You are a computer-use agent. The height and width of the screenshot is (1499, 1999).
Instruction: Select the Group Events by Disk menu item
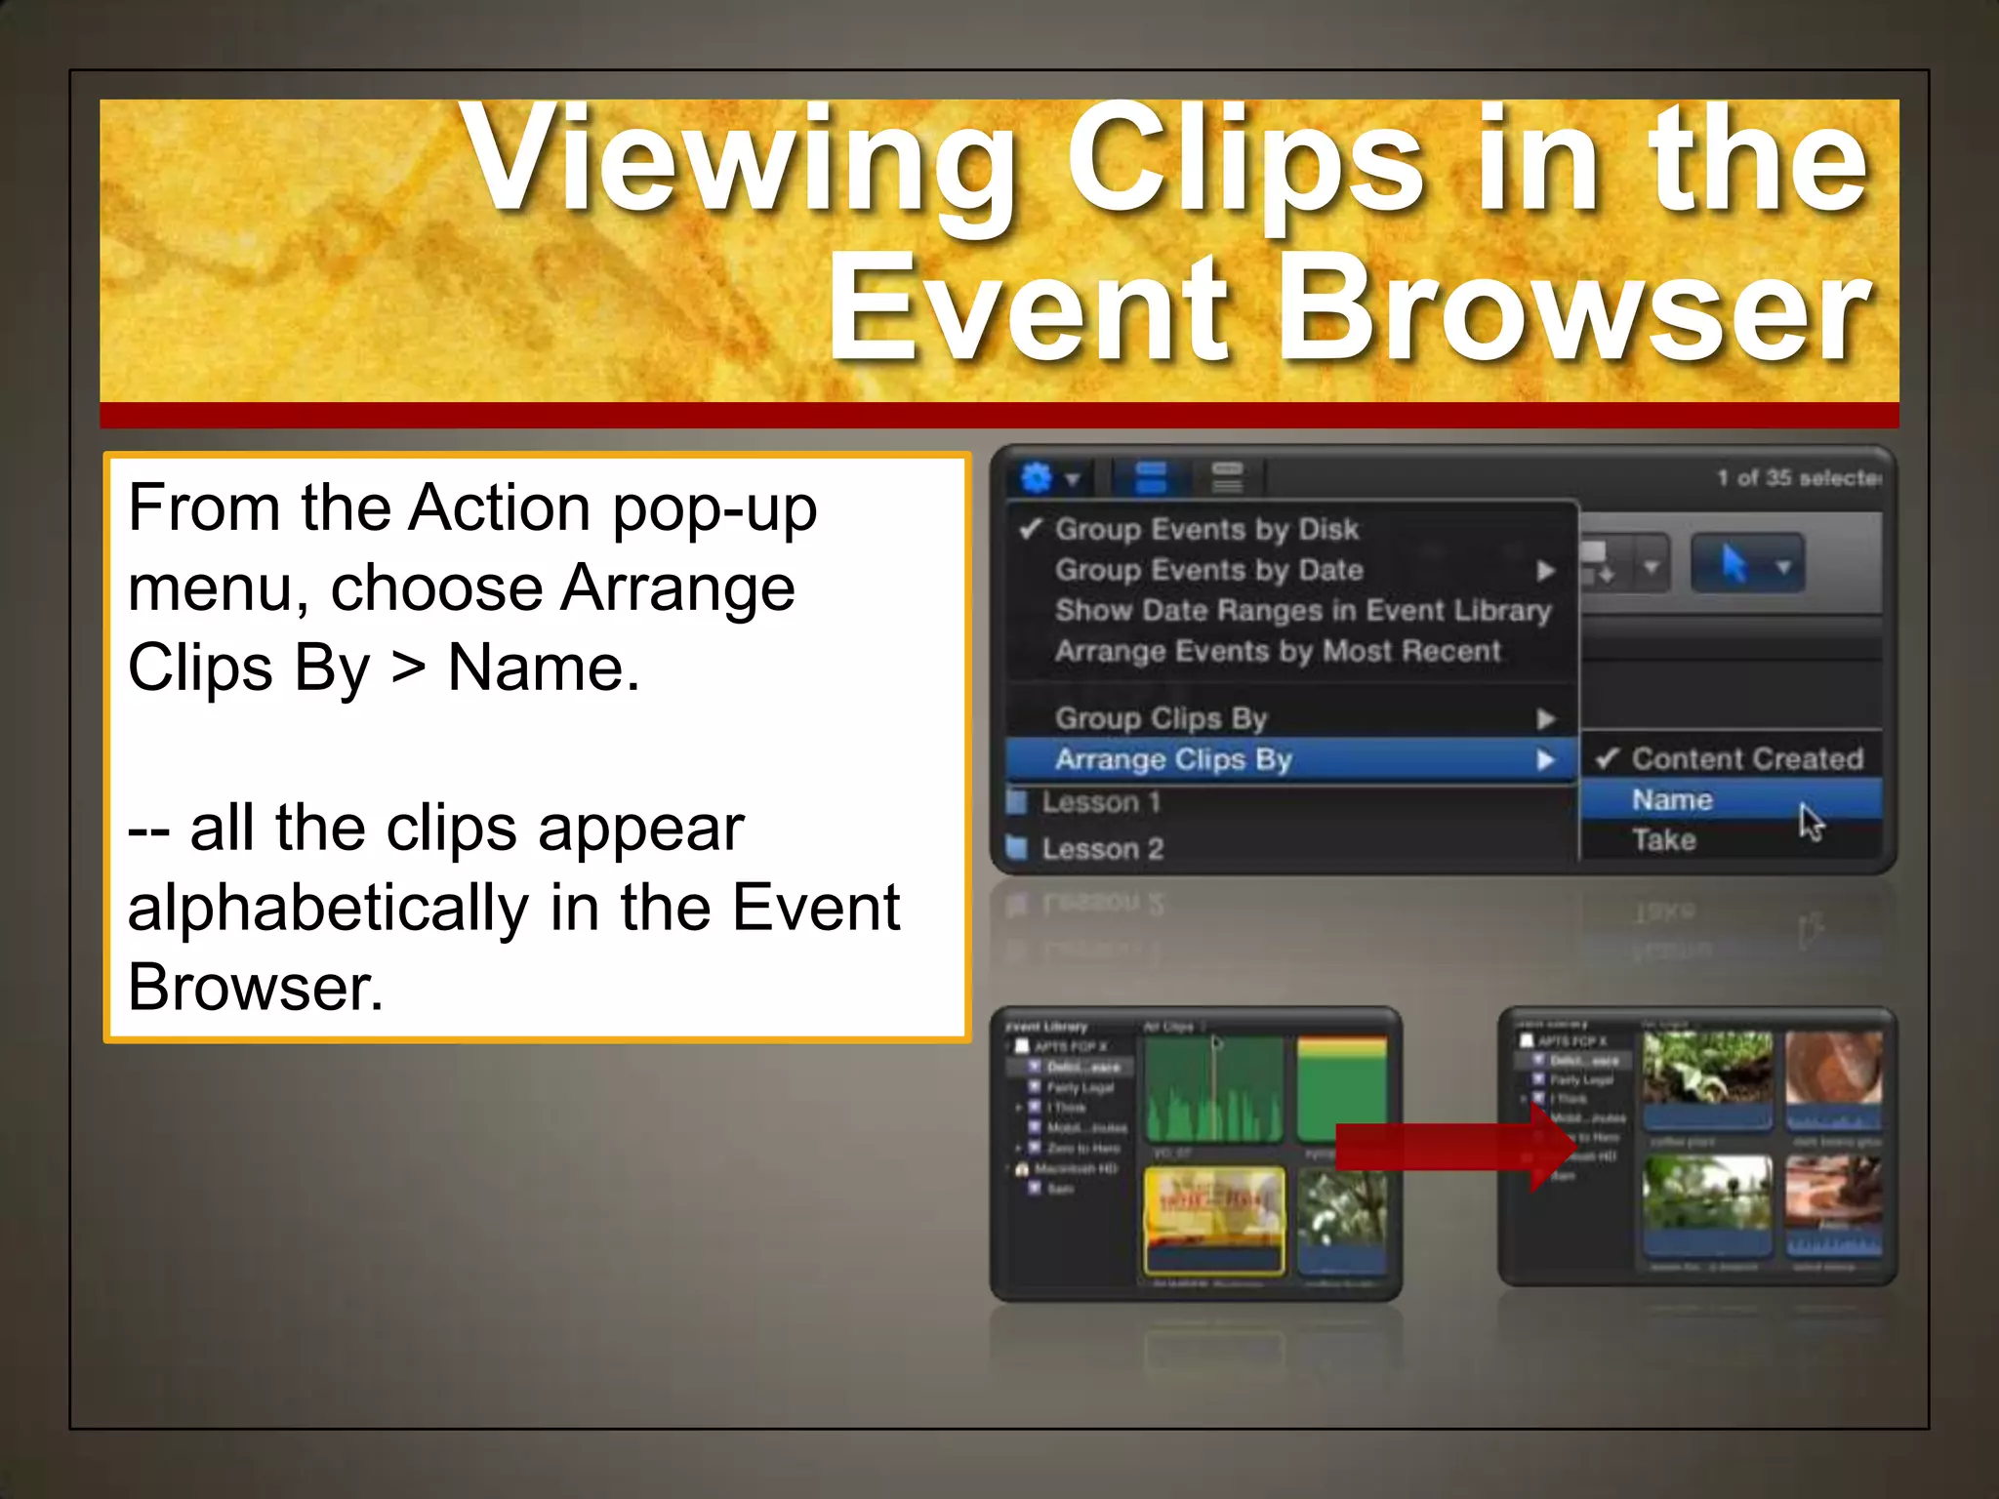pos(1205,529)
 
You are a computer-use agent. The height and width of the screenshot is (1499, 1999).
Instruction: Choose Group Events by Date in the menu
pos(1208,570)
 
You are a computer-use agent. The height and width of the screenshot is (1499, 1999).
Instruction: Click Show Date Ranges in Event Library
pos(1302,611)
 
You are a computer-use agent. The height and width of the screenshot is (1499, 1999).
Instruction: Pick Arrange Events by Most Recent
pos(1277,651)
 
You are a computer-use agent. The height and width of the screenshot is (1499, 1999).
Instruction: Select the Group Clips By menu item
pos(1161,718)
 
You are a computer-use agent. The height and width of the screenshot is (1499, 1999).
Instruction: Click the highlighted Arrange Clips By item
pos(1173,759)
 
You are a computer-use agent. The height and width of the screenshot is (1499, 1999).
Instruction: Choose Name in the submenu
pos(1672,800)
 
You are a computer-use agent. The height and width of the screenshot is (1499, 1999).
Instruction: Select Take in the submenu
pos(1664,840)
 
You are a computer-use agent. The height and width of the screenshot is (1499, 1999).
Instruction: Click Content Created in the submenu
pos(1747,758)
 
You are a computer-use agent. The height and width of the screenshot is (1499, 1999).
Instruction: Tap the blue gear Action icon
pos(1037,478)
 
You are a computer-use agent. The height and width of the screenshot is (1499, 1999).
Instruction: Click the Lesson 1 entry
pos(1100,802)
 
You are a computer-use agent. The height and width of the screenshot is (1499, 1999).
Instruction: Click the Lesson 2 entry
pos(1102,849)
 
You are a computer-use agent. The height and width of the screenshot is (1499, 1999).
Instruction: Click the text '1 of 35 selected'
pos(1799,478)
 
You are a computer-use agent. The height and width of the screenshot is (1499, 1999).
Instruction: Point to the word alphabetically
pos(328,909)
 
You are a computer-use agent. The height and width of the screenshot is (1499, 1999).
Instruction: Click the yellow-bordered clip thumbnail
pos(1213,1220)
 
